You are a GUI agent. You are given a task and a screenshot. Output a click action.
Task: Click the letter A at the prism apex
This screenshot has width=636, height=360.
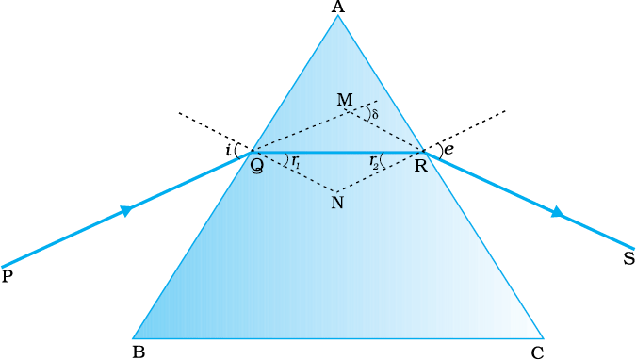(338, 7)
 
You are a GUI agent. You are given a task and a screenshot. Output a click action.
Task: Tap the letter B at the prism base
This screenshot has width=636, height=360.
(139, 352)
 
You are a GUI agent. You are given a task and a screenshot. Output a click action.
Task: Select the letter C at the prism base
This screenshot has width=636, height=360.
(537, 352)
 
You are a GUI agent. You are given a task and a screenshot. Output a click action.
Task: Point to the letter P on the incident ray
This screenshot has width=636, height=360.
(8, 276)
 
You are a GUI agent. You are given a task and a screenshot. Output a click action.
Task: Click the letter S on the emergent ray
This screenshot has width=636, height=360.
(629, 258)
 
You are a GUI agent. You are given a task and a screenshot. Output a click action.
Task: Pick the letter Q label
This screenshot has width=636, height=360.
(256, 166)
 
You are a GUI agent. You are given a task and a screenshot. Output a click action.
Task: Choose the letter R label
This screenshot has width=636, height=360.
(421, 166)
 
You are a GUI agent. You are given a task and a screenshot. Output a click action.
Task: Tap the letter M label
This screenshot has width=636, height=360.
(345, 99)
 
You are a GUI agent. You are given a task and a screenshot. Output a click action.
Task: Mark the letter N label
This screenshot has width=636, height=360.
(337, 202)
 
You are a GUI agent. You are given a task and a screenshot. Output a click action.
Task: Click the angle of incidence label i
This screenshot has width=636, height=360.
(228, 151)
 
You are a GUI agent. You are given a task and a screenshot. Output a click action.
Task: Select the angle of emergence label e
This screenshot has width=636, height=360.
(448, 150)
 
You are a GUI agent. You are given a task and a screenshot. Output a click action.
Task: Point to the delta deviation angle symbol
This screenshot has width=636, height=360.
(375, 114)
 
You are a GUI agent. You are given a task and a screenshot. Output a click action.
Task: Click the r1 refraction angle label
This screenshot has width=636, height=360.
(296, 162)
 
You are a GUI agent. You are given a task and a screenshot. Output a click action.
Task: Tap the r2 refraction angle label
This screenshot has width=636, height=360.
(374, 162)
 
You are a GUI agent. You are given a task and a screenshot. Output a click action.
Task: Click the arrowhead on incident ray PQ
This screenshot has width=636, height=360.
(126, 210)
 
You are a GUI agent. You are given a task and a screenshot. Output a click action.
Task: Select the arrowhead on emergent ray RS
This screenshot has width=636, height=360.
(558, 212)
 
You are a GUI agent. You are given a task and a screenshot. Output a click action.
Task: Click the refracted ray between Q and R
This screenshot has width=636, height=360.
(337, 152)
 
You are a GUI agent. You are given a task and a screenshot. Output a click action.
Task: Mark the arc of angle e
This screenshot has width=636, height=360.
(441, 150)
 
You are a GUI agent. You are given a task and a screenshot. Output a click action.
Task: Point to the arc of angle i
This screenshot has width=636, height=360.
(236, 151)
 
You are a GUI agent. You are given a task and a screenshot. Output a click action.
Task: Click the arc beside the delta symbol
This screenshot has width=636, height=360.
(367, 113)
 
